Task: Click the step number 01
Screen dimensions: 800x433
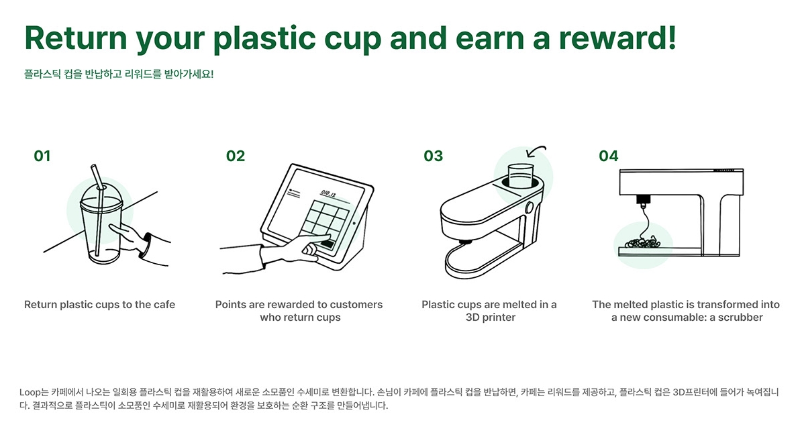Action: [x=42, y=156]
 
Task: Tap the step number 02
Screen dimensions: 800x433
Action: [x=235, y=156]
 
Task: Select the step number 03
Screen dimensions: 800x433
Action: [x=433, y=156]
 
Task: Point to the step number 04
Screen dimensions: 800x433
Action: [x=608, y=156]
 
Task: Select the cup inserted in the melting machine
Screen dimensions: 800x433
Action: [x=520, y=176]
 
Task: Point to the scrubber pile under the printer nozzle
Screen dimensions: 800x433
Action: [x=642, y=242]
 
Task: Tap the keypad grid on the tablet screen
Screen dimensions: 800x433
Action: [x=325, y=222]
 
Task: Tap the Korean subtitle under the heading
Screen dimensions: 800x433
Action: [x=119, y=74]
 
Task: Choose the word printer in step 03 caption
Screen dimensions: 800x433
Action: [x=498, y=317]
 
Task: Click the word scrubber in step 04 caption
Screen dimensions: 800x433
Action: [x=740, y=317]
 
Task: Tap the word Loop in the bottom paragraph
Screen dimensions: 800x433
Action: [x=30, y=393]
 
